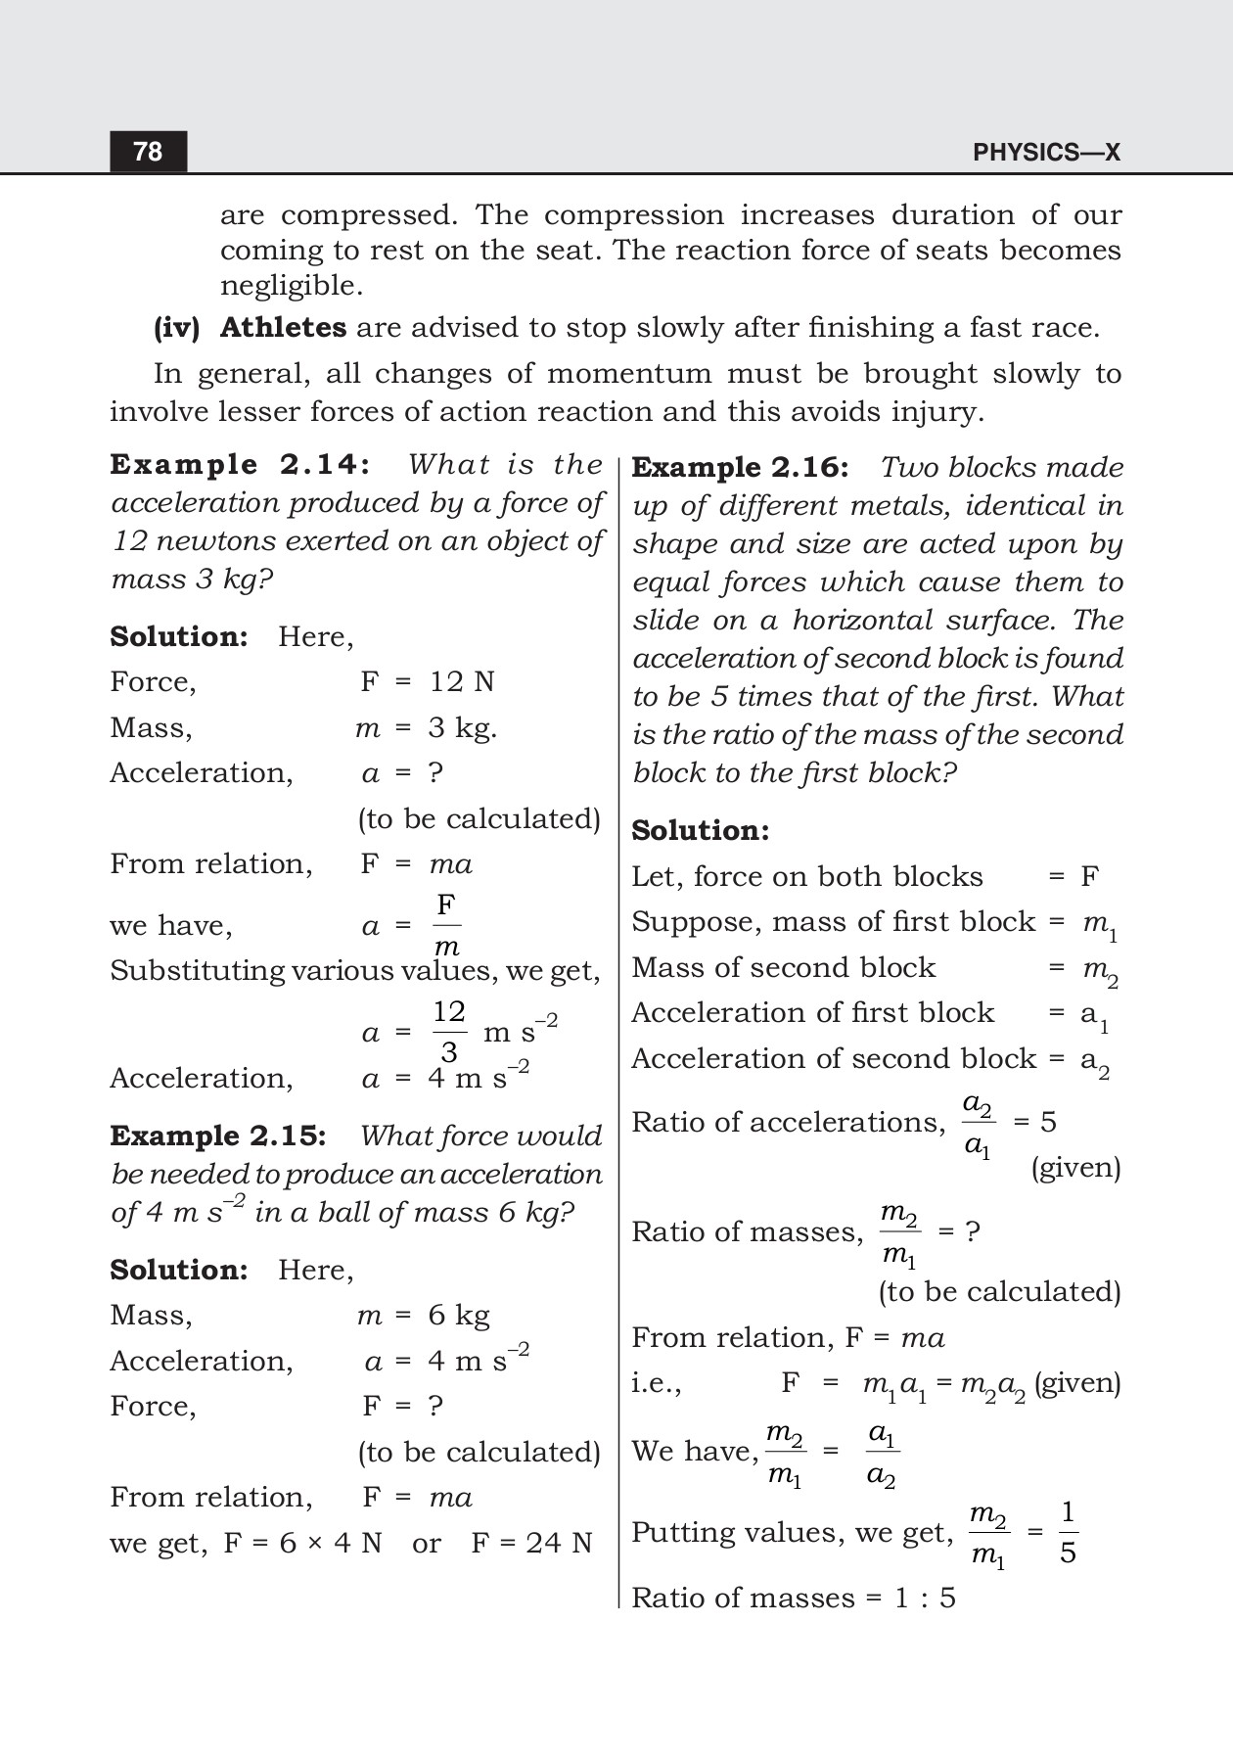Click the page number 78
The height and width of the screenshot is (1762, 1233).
[x=148, y=152]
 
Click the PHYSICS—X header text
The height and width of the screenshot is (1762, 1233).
[x=1046, y=153]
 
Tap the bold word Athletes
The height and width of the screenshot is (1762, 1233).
[x=283, y=327]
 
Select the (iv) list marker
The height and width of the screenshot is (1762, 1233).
[x=176, y=327]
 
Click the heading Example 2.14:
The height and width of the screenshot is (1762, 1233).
[x=241, y=464]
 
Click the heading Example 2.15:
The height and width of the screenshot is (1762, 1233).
[x=217, y=1136]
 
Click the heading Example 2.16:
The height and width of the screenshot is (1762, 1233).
[x=740, y=467]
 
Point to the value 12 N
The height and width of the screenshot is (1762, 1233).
[x=462, y=681]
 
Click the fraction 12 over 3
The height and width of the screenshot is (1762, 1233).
[x=449, y=1032]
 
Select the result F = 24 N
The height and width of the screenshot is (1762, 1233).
[x=531, y=1543]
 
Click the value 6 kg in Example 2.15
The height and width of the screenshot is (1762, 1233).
[x=458, y=1315]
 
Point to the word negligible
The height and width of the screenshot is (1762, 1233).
[x=291, y=286]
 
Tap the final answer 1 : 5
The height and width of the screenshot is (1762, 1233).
[x=925, y=1598]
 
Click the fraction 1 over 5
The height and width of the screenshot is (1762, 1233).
[x=1068, y=1533]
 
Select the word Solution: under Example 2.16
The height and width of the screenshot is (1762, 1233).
[x=700, y=830]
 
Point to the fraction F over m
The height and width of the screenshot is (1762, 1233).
[x=446, y=925]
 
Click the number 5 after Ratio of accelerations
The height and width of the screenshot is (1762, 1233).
[x=1048, y=1122]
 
